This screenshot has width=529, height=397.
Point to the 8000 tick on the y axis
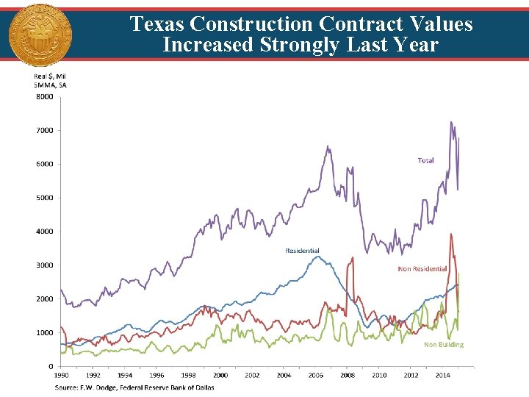[x=45, y=96]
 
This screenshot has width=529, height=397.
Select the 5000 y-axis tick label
[x=45, y=198]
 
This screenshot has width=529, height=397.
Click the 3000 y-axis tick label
[x=45, y=265]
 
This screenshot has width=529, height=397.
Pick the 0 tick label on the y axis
[x=50, y=366]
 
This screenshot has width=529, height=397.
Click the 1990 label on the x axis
[x=62, y=376]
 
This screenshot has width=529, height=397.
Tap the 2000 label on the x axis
[x=220, y=376]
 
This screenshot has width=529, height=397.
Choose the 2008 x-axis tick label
[x=347, y=376]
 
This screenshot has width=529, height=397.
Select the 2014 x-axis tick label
[x=442, y=376]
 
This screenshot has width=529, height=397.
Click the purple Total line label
[x=425, y=160]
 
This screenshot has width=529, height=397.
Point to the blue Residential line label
[x=302, y=251]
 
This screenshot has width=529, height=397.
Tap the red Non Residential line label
[x=422, y=269]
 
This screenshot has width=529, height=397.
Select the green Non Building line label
[x=444, y=344]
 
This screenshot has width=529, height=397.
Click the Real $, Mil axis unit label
[x=50, y=76]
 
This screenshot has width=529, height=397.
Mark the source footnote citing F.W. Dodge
[x=134, y=387]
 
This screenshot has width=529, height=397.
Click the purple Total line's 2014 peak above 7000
[x=451, y=123]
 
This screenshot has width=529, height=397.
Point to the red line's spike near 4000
[x=451, y=235]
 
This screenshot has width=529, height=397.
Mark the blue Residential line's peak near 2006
[x=316, y=257]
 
